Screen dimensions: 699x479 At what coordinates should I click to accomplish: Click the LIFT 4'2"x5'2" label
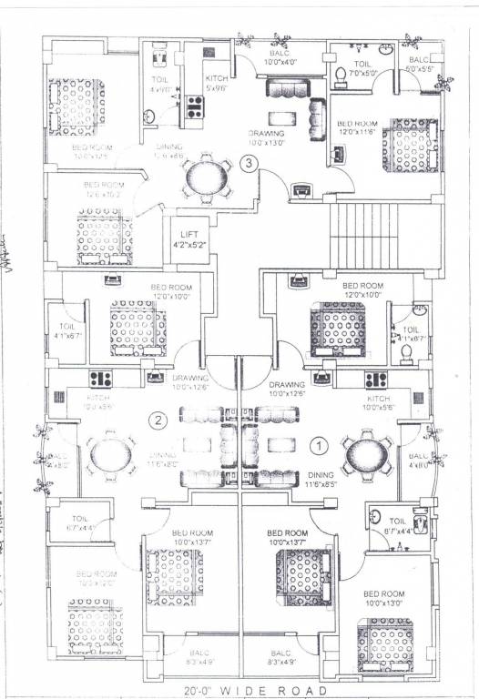[189, 239]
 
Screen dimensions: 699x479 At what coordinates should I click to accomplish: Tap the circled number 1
[319, 446]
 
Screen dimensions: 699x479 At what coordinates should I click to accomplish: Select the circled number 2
[158, 420]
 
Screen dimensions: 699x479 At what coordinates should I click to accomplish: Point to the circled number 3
[248, 164]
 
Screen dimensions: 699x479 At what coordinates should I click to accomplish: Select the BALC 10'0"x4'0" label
[281, 58]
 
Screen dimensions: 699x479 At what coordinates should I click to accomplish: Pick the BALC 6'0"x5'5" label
[418, 64]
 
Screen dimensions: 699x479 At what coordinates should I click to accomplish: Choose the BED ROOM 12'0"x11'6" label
[357, 127]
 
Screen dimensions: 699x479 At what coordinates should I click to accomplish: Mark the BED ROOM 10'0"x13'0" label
[385, 598]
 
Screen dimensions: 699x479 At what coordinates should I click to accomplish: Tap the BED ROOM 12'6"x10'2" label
[102, 189]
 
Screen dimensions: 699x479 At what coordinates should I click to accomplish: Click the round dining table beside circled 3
[205, 177]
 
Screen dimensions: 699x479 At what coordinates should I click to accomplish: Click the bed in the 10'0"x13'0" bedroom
[388, 643]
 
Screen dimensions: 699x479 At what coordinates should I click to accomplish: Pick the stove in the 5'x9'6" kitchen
[194, 106]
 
